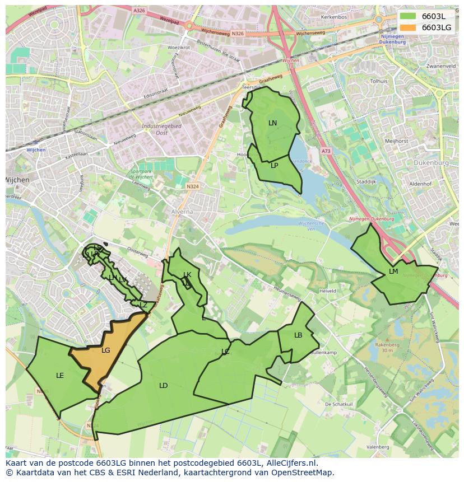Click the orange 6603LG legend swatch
point(408,27)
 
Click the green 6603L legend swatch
point(408,16)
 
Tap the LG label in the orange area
point(106,350)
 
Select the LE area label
point(60,376)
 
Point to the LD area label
point(163,386)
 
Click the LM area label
point(393,272)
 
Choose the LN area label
point(272,123)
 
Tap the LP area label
point(275,166)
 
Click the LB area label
point(298,335)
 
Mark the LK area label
point(187,275)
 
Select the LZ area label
point(143,305)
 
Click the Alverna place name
point(182,212)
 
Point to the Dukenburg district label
point(432,163)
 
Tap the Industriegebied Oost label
point(161,129)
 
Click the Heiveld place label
point(327,291)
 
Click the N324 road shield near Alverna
point(193,186)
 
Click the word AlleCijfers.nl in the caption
point(290,463)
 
